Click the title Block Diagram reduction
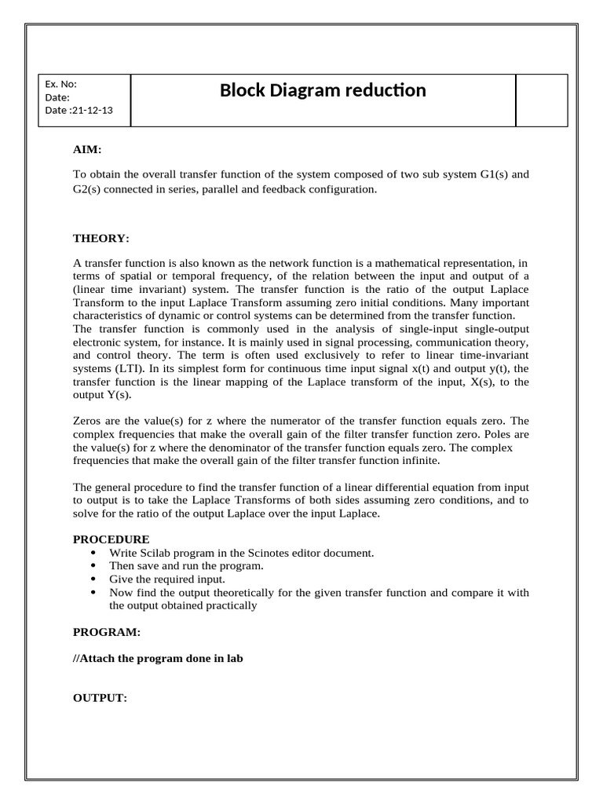[323, 90]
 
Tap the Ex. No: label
[60, 84]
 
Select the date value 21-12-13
[92, 110]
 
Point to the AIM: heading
[87, 149]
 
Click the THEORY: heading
[101, 238]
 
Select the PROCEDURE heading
[111, 539]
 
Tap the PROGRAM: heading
[107, 631]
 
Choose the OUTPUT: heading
[100, 698]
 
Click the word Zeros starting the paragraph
[87, 420]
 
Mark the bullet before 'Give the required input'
[96, 579]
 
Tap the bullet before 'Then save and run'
[96, 565]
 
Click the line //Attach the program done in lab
[158, 658]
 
